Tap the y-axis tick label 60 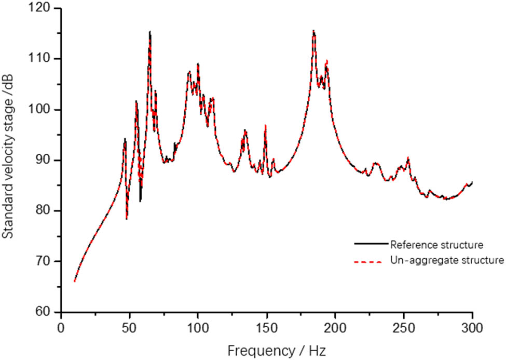pos(46,312)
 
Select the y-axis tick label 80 pos(46,211)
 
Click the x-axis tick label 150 pos(267,327)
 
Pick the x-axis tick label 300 pos(472,327)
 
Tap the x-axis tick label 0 pos(61,327)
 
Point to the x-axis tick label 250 pos(404,327)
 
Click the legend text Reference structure pos(437,244)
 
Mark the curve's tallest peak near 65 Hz pos(150,32)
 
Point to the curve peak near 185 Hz pos(313,31)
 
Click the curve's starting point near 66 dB pos(75,281)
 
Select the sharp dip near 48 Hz pos(127,219)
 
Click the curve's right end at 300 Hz pos(472,182)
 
